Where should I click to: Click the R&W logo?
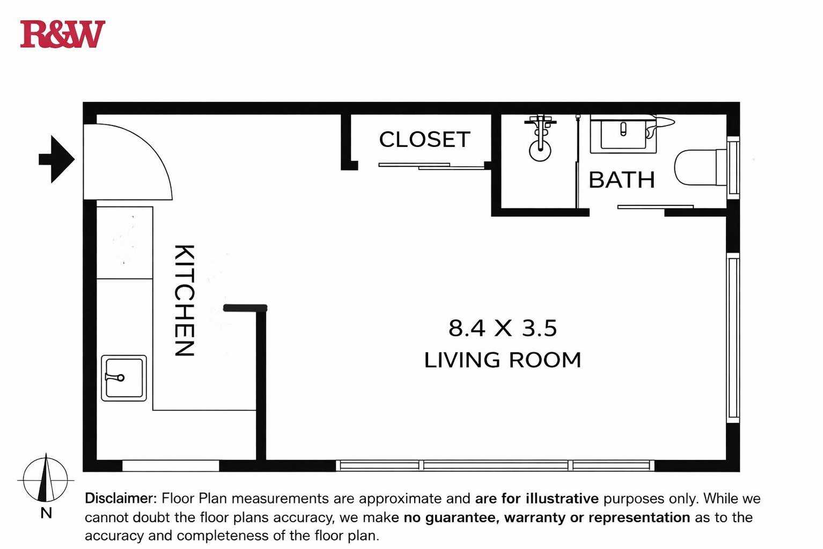pos(62,34)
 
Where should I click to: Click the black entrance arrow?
pos(57,159)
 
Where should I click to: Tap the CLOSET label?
pos(424,140)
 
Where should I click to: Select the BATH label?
pos(622,180)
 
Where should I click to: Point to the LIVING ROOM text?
pos(503,360)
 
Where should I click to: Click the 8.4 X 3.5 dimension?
pos(503,328)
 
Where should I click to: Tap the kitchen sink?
pos(124,378)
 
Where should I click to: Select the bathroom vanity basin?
pos(623,135)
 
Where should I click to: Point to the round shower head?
pos(540,151)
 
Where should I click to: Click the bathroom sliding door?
pos(655,207)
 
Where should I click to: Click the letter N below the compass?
pos(46,513)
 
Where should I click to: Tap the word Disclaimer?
pos(121,499)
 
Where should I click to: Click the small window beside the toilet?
pos(733,167)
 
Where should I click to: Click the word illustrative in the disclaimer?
pos(562,499)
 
